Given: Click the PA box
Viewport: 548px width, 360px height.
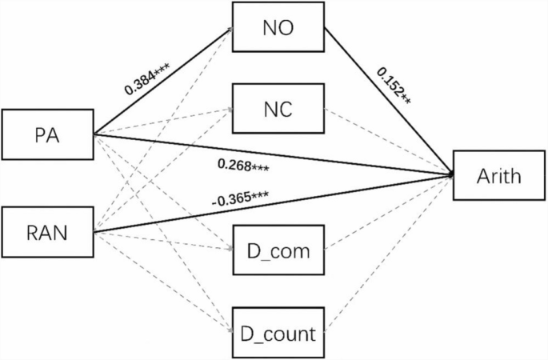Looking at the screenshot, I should point(47,134).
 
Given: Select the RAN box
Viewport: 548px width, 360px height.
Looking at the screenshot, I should point(47,234).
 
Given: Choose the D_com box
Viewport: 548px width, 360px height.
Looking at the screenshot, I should point(278,251).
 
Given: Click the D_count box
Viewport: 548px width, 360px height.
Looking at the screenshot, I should point(278,330).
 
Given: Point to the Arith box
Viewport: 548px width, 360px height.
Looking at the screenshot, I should point(499,175).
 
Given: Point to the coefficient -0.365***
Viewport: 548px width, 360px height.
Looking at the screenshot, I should point(239,197).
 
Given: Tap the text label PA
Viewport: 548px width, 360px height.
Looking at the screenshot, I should point(47,134).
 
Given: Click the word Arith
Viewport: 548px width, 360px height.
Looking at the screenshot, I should point(499,175).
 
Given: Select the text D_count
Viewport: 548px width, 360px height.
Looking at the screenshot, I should point(278,330).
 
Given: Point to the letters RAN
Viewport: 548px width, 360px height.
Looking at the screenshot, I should point(47,234).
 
